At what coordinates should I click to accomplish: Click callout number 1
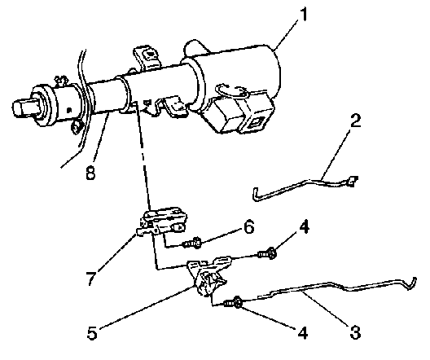[303, 15]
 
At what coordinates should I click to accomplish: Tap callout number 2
[356, 121]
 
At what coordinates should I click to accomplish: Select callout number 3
[355, 332]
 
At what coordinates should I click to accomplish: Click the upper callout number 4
[304, 226]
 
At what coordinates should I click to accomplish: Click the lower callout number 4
[302, 332]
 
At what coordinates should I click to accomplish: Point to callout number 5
[92, 332]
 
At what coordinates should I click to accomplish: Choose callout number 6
[248, 227]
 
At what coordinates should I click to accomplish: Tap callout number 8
[90, 173]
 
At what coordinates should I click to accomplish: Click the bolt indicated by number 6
[191, 243]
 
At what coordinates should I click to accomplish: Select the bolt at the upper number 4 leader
[267, 253]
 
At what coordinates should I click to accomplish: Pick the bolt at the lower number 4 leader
[234, 303]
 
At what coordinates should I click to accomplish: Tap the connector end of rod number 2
[352, 181]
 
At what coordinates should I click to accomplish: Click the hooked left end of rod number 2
[256, 195]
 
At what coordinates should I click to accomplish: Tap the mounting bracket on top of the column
[147, 57]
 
